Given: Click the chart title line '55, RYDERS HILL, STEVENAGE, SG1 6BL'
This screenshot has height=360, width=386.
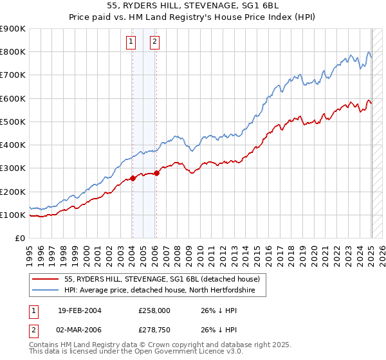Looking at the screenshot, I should click(x=193, y=6).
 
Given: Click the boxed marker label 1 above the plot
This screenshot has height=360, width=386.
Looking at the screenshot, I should click(x=131, y=42).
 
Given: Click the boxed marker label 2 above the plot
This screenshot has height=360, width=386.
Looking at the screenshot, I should click(x=155, y=42).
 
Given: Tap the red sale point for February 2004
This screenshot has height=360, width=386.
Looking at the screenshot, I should click(x=133, y=178).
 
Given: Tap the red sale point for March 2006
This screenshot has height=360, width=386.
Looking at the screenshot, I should click(x=156, y=173).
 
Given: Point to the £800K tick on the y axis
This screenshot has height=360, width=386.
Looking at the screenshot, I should click(x=14, y=52).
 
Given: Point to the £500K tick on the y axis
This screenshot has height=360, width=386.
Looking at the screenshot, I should click(x=14, y=122).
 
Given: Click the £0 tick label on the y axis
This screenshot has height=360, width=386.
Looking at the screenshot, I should click(x=20, y=238).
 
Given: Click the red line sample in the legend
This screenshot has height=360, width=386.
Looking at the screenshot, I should click(x=46, y=280).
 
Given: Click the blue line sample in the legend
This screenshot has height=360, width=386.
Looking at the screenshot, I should click(x=46, y=291).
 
